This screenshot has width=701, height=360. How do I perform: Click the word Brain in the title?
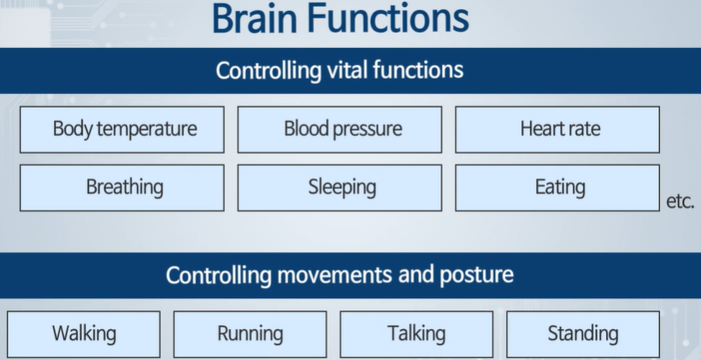[259, 19]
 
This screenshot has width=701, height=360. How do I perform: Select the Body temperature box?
[122, 129]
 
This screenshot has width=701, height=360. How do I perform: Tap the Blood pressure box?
[339, 129]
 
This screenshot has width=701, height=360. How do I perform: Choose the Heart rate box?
[557, 129]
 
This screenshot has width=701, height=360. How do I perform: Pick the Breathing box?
[122, 187]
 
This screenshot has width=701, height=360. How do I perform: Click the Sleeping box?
[339, 187]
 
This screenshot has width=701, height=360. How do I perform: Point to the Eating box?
[557, 187]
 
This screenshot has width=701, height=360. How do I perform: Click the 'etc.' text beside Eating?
[680, 203]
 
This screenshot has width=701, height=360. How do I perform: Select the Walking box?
[84, 333]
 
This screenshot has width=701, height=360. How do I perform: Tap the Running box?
[250, 333]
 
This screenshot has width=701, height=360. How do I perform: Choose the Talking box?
[416, 333]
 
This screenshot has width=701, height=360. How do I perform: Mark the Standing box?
[583, 333]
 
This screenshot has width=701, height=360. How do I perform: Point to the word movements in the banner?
[343, 275]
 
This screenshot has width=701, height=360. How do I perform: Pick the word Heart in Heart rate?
[539, 129]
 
